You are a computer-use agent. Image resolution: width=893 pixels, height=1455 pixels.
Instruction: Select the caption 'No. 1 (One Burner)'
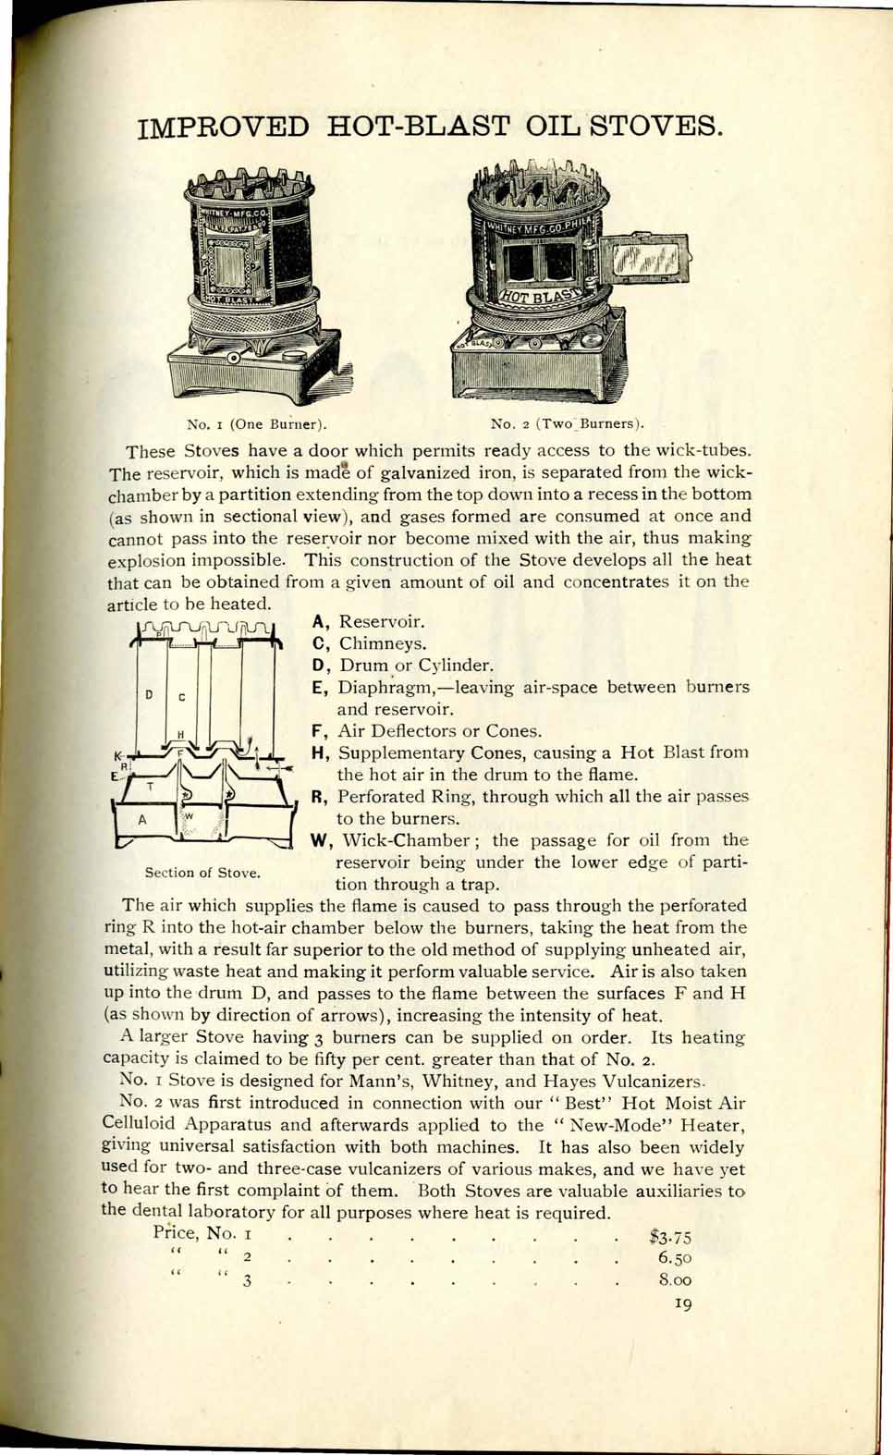tap(258, 425)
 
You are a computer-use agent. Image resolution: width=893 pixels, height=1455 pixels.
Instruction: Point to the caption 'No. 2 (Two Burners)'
tap(567, 424)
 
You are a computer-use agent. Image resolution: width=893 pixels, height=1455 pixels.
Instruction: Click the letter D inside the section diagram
tap(149, 694)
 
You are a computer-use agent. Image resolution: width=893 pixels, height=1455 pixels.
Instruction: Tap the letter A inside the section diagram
tap(141, 819)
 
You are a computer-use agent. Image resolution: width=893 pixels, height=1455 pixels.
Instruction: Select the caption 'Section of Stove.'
tap(202, 873)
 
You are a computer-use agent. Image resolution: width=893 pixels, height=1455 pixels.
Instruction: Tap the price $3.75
tap(671, 1237)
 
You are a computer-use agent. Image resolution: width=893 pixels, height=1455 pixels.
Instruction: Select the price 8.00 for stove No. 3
tap(675, 1281)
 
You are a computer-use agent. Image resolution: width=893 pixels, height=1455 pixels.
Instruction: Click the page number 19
tap(683, 1303)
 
